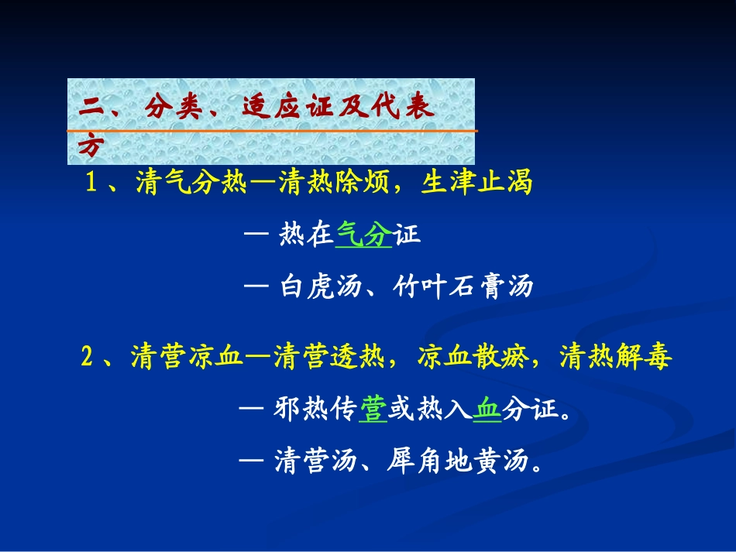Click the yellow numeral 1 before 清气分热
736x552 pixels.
[91, 184]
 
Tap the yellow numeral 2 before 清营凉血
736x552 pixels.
[88, 358]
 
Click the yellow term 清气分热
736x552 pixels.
[190, 184]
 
